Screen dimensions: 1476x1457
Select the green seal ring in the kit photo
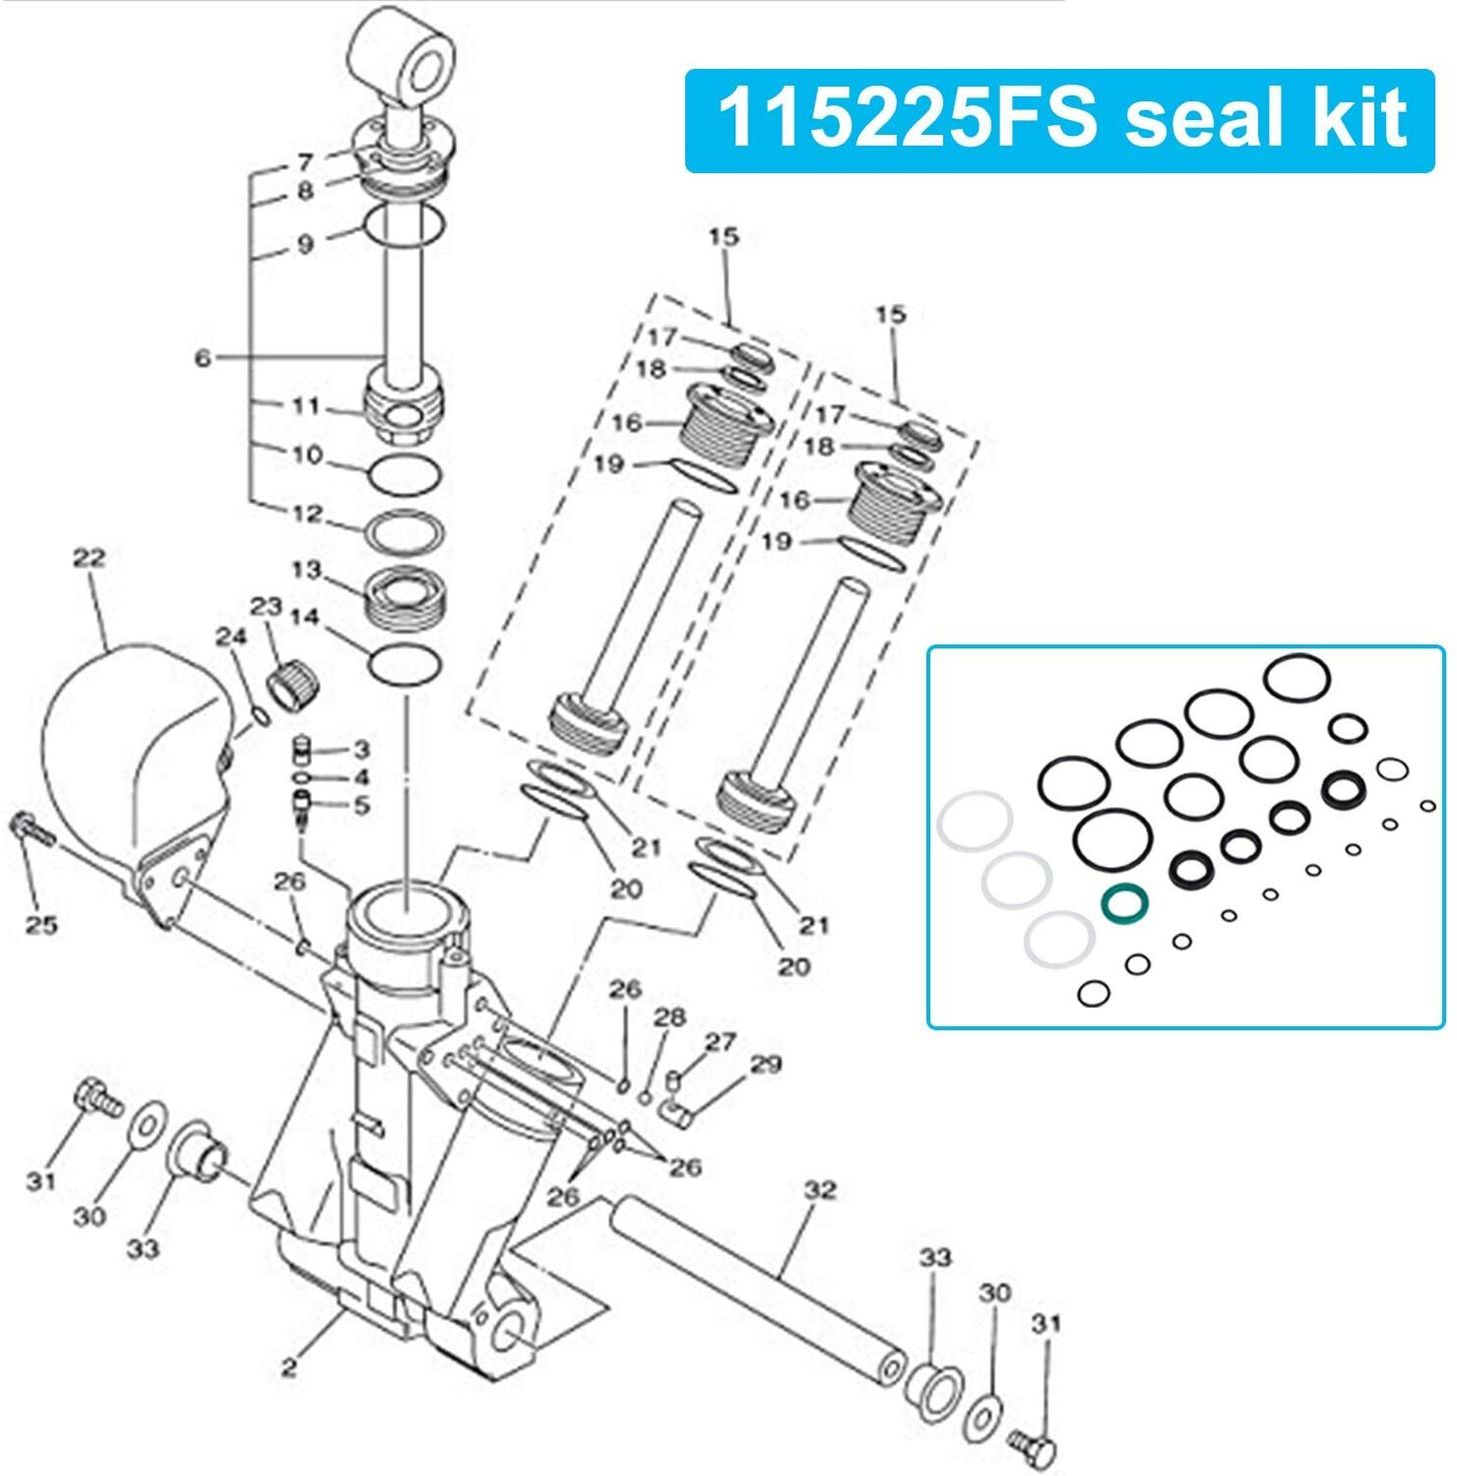click(x=1124, y=902)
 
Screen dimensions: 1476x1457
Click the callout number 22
click(x=89, y=558)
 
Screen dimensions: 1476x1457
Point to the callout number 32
click(x=819, y=1191)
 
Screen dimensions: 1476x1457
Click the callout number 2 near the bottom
click(x=288, y=1368)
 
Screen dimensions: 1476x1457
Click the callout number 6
click(x=203, y=358)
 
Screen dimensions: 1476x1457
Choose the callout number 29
click(x=765, y=1065)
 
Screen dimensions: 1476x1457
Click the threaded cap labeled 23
click(x=290, y=681)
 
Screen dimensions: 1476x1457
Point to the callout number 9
click(x=305, y=243)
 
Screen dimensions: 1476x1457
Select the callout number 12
click(x=307, y=514)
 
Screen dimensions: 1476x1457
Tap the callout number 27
click(x=721, y=1042)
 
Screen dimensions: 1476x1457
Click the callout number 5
click(x=361, y=806)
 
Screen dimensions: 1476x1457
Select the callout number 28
click(x=669, y=1016)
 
